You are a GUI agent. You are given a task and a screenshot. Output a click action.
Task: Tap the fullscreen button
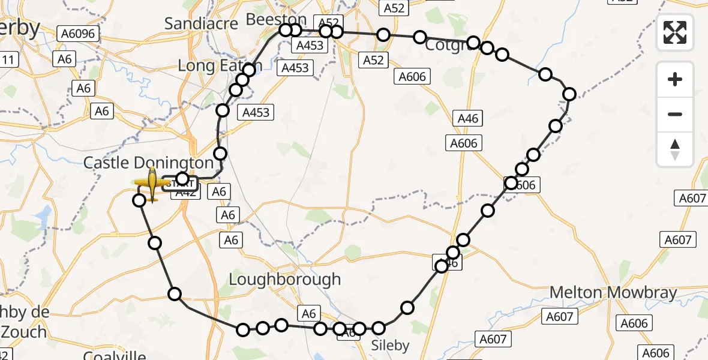point(675,32)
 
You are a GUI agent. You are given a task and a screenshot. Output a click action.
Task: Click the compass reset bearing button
point(675,148)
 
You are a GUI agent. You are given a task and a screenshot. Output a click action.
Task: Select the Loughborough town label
point(285,280)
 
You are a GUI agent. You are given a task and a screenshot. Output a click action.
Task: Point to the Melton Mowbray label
point(613,293)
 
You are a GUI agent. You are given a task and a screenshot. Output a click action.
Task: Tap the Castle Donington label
point(148,163)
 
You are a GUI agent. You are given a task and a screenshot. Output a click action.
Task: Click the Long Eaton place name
point(211,65)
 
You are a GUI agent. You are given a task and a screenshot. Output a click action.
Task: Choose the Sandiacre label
point(202,23)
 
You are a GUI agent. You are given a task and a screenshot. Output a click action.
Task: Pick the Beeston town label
point(276,20)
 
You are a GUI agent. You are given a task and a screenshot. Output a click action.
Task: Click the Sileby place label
point(390,346)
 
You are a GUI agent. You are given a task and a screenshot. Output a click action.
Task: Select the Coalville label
point(114,355)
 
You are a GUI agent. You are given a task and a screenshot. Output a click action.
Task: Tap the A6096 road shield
point(79,34)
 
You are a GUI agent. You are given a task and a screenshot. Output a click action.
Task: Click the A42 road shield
point(185,193)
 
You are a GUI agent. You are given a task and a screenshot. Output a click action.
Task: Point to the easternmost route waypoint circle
point(569,94)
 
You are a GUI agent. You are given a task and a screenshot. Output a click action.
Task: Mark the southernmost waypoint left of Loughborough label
point(243,329)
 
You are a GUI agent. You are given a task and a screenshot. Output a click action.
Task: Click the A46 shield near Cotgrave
point(467,118)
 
